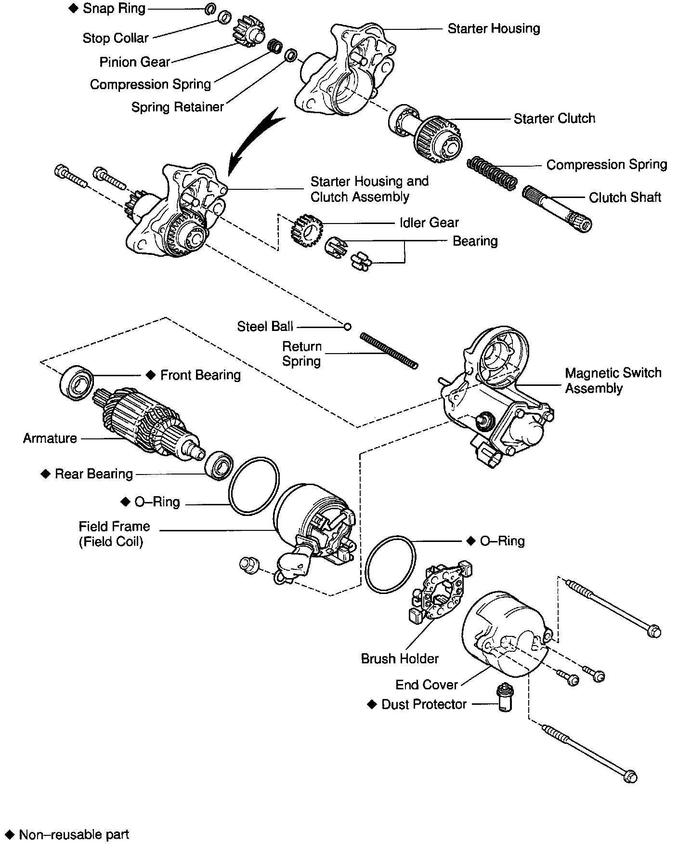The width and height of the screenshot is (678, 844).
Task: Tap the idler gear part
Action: pos(305,231)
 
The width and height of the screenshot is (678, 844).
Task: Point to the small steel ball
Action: pos(347,327)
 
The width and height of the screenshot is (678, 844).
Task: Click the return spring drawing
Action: pos(389,351)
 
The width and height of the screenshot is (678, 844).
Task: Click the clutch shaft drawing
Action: pos(557,208)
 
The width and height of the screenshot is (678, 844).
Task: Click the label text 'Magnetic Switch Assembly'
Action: pos(613,380)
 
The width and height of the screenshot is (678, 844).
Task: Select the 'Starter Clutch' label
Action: pos(554,119)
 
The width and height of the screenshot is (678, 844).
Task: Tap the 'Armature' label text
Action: pos(50,438)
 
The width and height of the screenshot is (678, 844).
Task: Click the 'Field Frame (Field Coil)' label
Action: pos(114,534)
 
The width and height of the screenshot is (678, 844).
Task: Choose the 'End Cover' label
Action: pos(426,685)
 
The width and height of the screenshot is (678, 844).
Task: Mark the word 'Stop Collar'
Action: pos(116,38)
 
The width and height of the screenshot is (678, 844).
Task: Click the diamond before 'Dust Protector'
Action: pos(372,704)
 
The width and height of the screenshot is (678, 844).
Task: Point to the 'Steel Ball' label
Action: pos(265,327)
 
